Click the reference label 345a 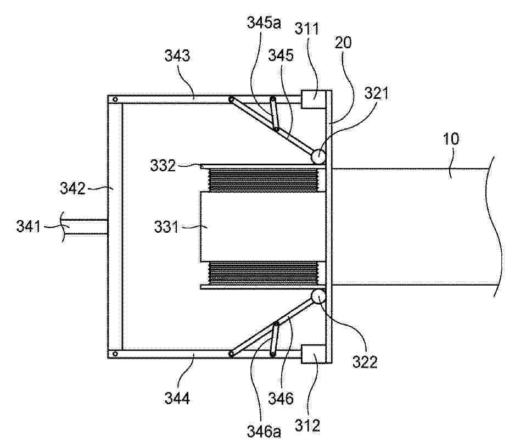pyautogui.click(x=264, y=23)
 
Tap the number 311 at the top pyautogui.click(x=307, y=29)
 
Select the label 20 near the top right pyautogui.click(x=343, y=42)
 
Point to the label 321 pyautogui.click(x=376, y=93)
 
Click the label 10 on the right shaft pyautogui.click(x=451, y=139)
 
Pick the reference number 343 pyautogui.click(x=177, y=55)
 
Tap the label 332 pyautogui.click(x=163, y=165)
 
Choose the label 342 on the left pyautogui.click(x=72, y=188)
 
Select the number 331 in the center pyautogui.click(x=166, y=227)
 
